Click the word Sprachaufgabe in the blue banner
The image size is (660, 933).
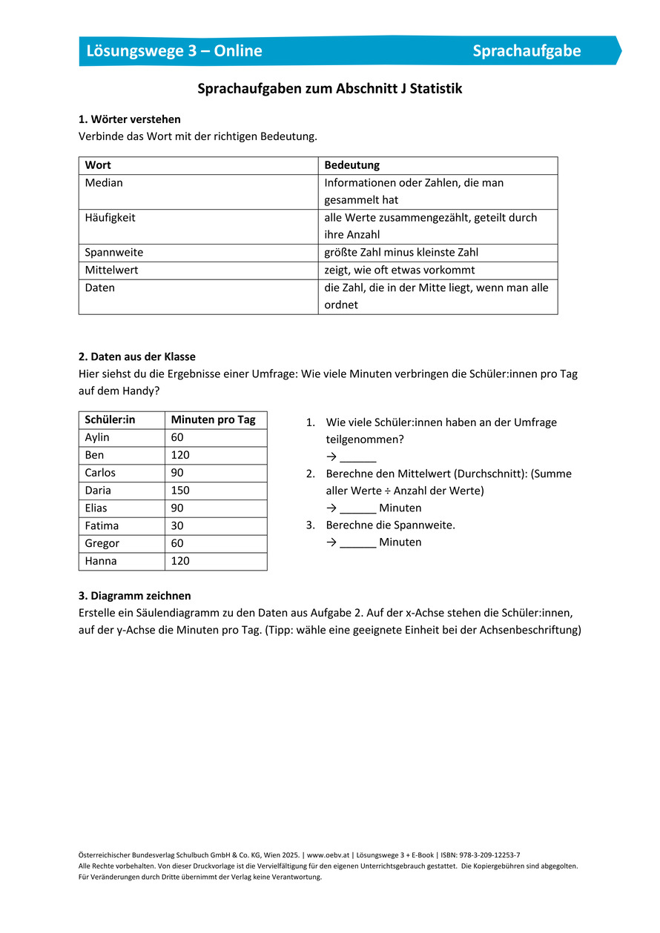pyautogui.click(x=527, y=50)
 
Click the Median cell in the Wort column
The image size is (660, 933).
pyautogui.click(x=104, y=183)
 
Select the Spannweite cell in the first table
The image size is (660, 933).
pyautogui.click(x=114, y=253)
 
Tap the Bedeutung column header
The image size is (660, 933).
pyautogui.click(x=352, y=165)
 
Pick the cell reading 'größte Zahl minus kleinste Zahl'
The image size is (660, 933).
pyautogui.click(x=401, y=253)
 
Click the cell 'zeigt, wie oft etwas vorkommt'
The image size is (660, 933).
pyautogui.click(x=400, y=270)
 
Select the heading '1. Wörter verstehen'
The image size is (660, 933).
pyautogui.click(x=129, y=119)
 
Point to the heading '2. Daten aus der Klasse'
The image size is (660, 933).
pyautogui.click(x=137, y=356)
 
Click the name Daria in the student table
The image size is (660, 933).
pyautogui.click(x=98, y=491)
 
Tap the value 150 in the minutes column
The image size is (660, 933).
pyautogui.click(x=180, y=491)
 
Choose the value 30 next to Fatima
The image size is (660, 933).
pyautogui.click(x=177, y=526)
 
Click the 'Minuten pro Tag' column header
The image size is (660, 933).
pyautogui.click(x=213, y=420)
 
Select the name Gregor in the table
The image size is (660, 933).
pyautogui.click(x=102, y=544)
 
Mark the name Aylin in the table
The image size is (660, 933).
pyautogui.click(x=97, y=438)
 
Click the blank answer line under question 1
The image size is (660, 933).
pyautogui.click(x=358, y=458)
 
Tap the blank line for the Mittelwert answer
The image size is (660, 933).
pyautogui.click(x=358, y=509)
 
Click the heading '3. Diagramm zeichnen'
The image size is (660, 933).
pyautogui.click(x=134, y=596)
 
